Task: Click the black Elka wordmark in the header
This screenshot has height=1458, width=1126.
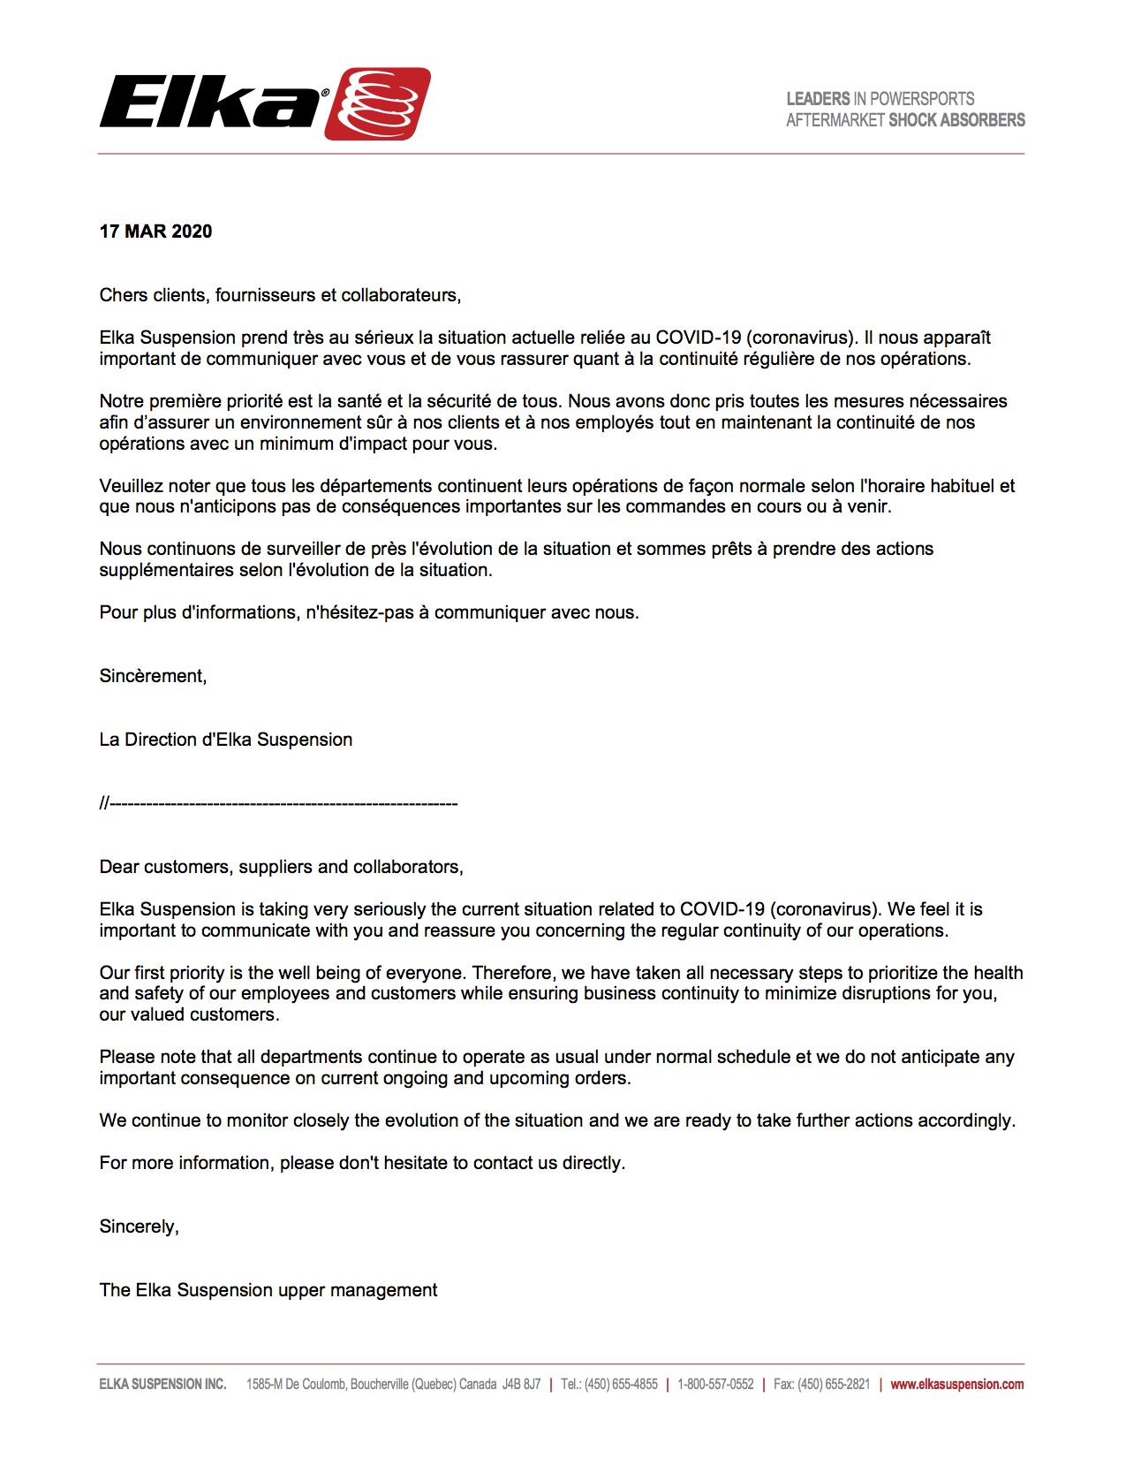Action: pyautogui.click(x=212, y=103)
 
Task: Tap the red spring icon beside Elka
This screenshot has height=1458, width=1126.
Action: pyautogui.click(x=378, y=103)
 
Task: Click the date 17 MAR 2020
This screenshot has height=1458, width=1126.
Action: pyautogui.click(x=155, y=232)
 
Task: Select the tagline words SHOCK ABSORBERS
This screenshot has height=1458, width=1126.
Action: pyautogui.click(x=956, y=120)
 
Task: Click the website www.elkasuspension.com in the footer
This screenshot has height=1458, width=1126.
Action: pyautogui.click(x=956, y=1385)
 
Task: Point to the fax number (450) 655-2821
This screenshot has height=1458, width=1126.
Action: pyautogui.click(x=834, y=1385)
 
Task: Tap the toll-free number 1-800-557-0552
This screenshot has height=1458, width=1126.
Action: pyautogui.click(x=715, y=1385)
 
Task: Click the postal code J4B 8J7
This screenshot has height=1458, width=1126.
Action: pyautogui.click(x=521, y=1385)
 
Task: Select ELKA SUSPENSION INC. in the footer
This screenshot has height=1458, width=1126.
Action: pyautogui.click(x=162, y=1385)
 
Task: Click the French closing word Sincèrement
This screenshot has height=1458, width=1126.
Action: pyautogui.click(x=153, y=677)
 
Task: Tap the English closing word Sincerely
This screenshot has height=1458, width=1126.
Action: pyautogui.click(x=139, y=1227)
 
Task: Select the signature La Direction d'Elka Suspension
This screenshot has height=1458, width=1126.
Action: pyautogui.click(x=225, y=740)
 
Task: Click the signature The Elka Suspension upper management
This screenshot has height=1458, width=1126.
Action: pyautogui.click(x=268, y=1291)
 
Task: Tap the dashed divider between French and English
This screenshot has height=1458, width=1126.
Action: pyautogui.click(x=278, y=804)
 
